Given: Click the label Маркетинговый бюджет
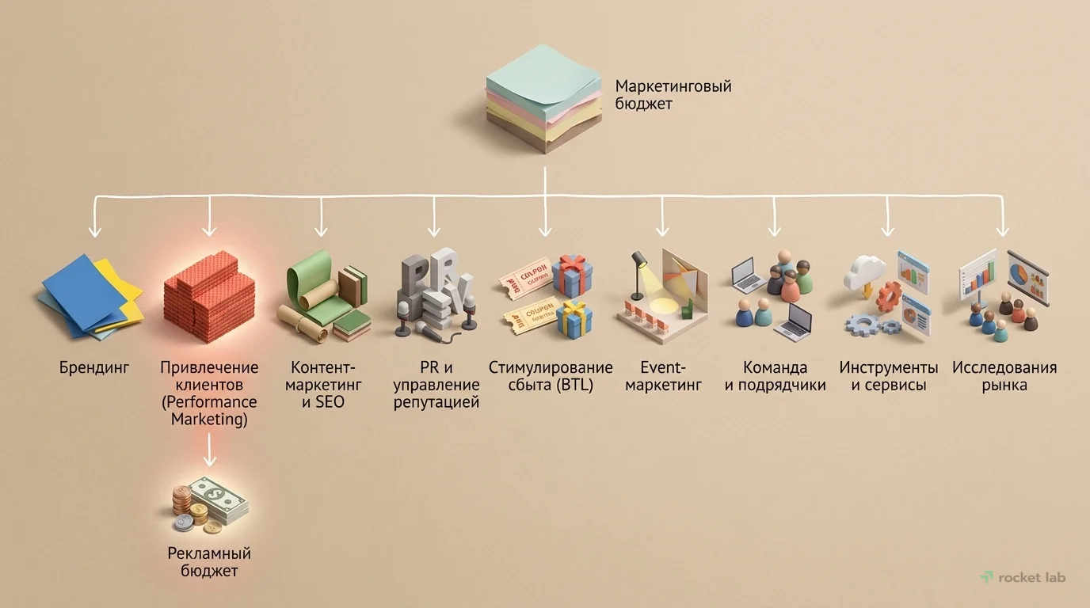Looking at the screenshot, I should (x=673, y=94).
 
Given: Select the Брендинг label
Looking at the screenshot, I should (x=94, y=367).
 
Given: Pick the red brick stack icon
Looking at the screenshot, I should (x=209, y=296).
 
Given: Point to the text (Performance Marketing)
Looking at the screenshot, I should (x=209, y=411).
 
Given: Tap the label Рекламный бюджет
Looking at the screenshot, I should (x=209, y=561).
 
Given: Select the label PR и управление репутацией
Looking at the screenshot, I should (x=436, y=385).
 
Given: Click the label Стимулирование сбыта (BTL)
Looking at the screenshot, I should (x=551, y=376).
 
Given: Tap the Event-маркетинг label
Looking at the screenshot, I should (x=662, y=376).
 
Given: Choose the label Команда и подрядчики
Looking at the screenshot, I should (x=775, y=376).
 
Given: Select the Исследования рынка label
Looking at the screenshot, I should (x=1004, y=376).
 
